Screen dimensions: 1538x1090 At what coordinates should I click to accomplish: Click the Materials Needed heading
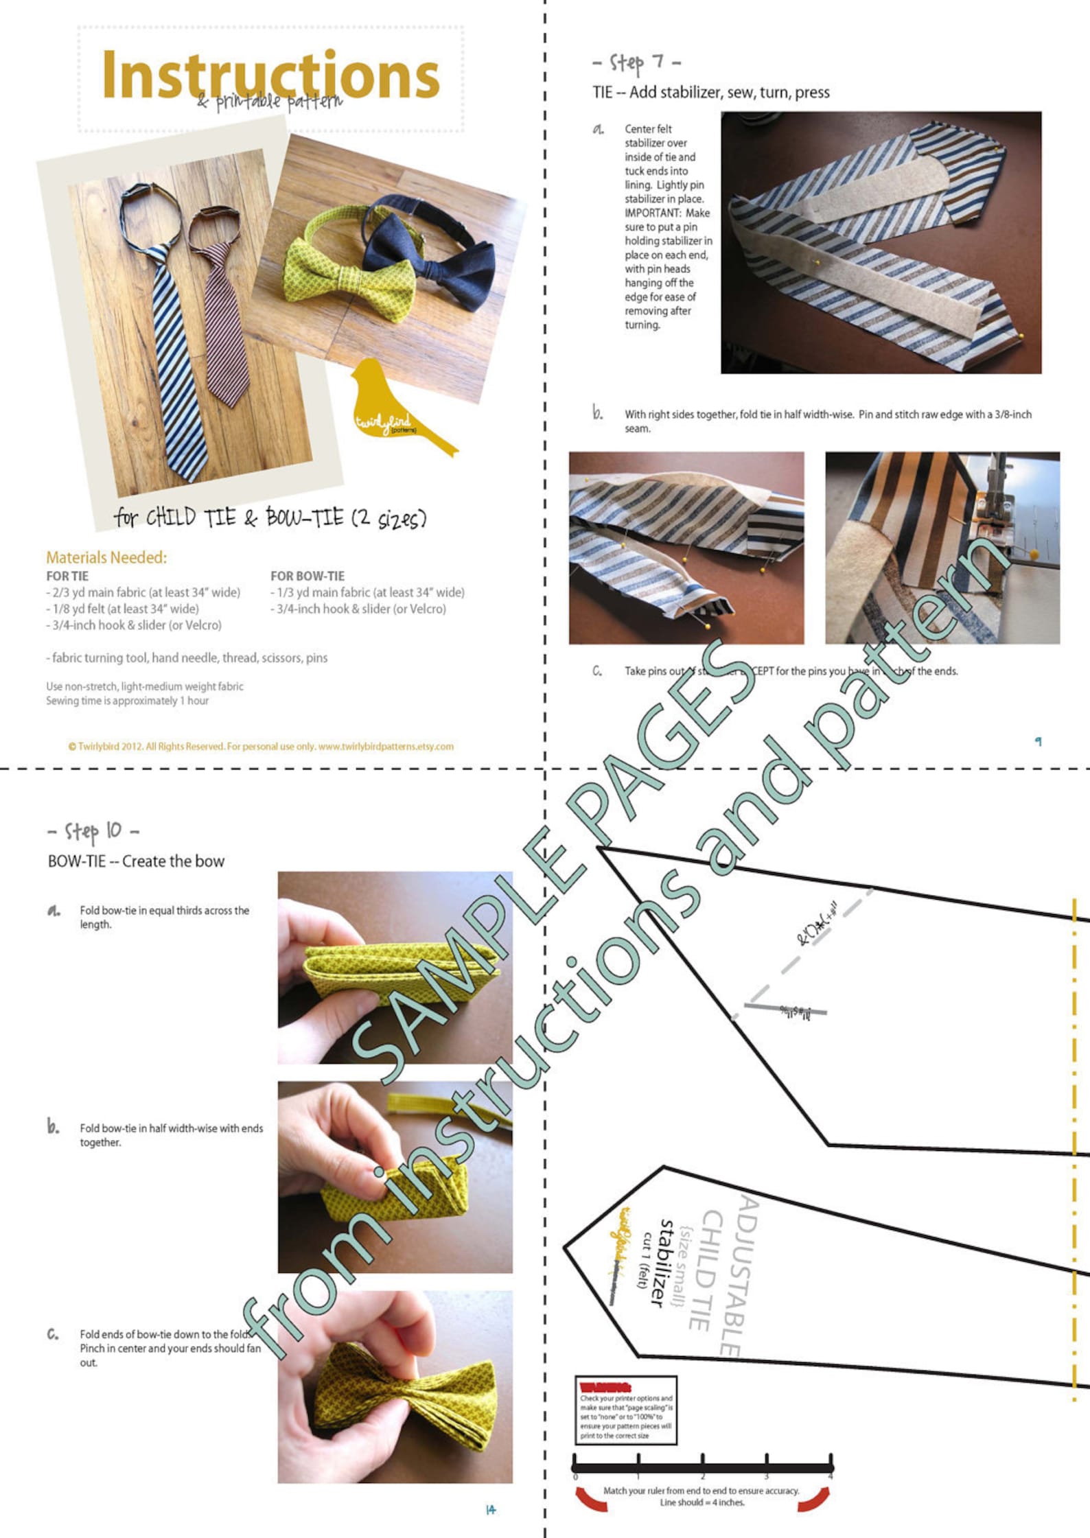tap(106, 557)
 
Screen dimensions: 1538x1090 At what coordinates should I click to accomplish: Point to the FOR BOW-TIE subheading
tap(308, 576)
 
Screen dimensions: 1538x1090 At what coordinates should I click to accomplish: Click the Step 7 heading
tap(636, 63)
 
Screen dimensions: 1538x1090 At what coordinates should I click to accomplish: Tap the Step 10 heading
tap(93, 831)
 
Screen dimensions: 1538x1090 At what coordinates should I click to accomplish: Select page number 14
tap(491, 1510)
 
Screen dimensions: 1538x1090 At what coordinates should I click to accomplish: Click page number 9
tap(1038, 741)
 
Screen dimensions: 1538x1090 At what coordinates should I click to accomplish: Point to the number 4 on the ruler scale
tap(830, 1476)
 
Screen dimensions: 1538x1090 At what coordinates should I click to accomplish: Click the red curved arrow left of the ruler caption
tap(591, 1499)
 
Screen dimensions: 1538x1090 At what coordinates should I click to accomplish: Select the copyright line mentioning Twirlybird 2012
tap(261, 746)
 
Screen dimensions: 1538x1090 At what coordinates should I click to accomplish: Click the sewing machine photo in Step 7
tap(942, 547)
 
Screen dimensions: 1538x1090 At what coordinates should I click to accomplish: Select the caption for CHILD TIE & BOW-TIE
tap(270, 517)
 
